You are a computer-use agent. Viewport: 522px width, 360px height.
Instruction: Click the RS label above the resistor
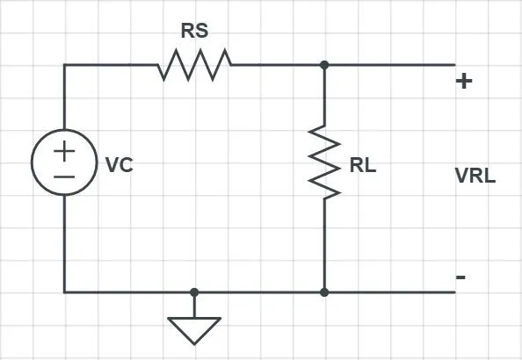pos(195,31)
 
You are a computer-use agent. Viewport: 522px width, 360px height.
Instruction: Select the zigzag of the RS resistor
pos(194,65)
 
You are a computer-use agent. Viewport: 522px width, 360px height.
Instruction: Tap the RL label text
pos(363,165)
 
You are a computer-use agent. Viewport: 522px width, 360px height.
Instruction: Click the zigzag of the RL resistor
pos(324,162)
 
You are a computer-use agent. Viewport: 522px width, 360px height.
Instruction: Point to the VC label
pos(120,165)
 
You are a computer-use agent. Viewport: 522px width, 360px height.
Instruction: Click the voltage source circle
pos(64,129)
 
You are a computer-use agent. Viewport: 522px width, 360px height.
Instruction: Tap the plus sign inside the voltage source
pos(64,151)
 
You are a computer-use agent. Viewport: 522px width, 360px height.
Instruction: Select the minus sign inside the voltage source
pos(64,177)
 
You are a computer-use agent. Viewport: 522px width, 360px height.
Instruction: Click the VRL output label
pos(475,176)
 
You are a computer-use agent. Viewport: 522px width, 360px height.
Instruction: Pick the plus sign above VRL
pos(464,81)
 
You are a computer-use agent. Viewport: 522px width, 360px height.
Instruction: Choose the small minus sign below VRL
pos(460,277)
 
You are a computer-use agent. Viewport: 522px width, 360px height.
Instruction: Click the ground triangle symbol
pos(194,331)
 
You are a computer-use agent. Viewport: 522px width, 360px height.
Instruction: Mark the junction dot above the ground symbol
pos(194,292)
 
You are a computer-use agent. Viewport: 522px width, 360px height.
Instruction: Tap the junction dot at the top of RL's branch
pos(324,65)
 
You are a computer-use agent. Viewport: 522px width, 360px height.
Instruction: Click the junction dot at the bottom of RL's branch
pos(324,292)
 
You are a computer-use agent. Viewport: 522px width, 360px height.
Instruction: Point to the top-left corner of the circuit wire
pos(64,65)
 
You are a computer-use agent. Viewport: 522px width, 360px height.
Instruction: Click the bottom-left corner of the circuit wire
pos(64,292)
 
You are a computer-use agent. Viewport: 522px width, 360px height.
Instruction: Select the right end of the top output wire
pos(454,65)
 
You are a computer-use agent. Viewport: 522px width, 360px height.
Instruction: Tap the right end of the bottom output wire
pos(454,292)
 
